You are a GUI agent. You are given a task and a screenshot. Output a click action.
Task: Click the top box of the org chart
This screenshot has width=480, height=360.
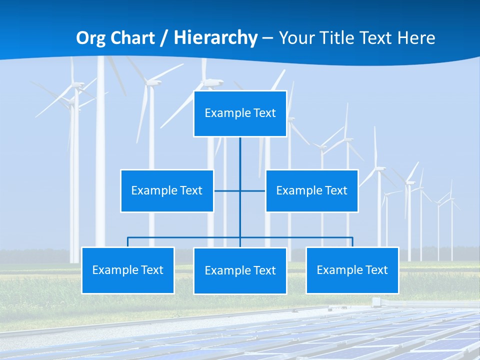pyautogui.click(x=240, y=113)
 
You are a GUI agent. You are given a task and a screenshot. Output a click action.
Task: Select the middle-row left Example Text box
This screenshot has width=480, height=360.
pyautogui.click(x=167, y=190)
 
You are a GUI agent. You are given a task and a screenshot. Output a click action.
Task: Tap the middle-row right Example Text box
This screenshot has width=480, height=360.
pyautogui.click(x=311, y=190)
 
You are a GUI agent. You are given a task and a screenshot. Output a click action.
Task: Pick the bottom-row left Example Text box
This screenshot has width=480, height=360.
pyautogui.click(x=127, y=270)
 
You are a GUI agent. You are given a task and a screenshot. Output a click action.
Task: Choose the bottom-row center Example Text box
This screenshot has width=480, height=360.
pyautogui.click(x=240, y=270)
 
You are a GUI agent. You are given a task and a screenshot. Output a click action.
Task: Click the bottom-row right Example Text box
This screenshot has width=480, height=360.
pyautogui.click(x=352, y=270)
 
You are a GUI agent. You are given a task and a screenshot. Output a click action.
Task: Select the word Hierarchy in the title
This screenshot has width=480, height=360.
pyautogui.click(x=215, y=38)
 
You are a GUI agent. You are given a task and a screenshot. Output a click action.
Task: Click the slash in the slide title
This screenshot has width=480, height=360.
pyautogui.click(x=164, y=38)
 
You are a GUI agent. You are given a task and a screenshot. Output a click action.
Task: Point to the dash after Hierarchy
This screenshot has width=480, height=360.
pyautogui.click(x=267, y=38)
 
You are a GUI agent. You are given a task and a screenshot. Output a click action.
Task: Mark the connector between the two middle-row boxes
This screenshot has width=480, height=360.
pyautogui.click(x=227, y=190)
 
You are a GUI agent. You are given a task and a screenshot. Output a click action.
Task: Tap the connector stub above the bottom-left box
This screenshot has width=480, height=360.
pyautogui.click(x=128, y=242)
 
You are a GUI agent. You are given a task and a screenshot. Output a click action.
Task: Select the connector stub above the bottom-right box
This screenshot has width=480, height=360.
pyautogui.click(x=352, y=242)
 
